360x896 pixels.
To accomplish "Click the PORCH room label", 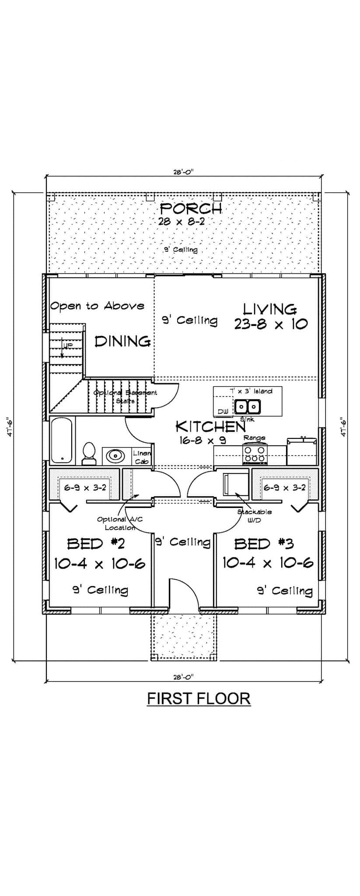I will point(191,209).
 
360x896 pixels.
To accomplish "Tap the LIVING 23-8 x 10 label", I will point(270,310).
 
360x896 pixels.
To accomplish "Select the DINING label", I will point(123,341).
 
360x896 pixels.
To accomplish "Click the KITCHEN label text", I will point(210,426).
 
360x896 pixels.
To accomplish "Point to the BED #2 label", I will point(96,544).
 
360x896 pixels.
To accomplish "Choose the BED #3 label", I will point(264,544).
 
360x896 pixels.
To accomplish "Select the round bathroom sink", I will point(115,456).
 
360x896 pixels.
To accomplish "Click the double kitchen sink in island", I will point(248,407).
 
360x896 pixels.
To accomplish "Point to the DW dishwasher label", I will point(223,412).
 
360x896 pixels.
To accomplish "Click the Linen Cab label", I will point(141,457).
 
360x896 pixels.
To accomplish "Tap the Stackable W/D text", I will point(254,515).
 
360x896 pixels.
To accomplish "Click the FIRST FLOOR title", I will point(199,698).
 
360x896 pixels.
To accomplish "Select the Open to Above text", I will point(97,305).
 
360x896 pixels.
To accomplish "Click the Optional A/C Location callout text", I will point(117,523).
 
